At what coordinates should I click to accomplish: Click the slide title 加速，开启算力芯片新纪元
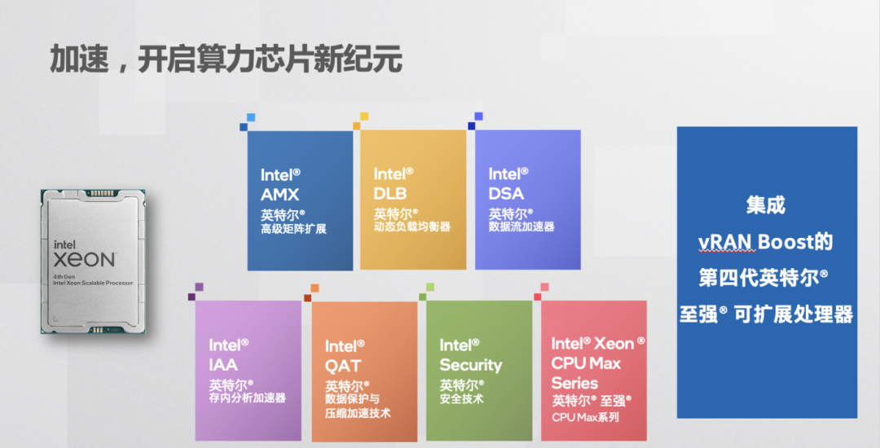[x=227, y=59]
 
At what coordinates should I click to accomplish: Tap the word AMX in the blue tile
[x=280, y=195]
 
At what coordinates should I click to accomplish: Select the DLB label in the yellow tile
[x=390, y=193]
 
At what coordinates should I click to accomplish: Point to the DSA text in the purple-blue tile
[x=506, y=193]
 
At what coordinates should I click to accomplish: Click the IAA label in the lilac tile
[x=223, y=364]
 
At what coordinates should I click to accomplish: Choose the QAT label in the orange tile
[x=343, y=366]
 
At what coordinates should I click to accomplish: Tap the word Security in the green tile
[x=471, y=365]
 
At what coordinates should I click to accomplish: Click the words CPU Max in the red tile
[x=586, y=363]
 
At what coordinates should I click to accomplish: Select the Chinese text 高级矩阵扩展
[x=293, y=229]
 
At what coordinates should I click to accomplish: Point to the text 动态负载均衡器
[x=412, y=227]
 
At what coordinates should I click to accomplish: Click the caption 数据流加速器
[x=521, y=226]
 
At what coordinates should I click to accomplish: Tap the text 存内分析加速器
[x=248, y=398]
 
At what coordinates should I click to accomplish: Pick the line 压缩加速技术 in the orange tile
[x=358, y=413]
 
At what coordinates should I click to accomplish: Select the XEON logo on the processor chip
[x=85, y=260]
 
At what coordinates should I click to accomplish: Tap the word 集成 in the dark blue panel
[x=766, y=205]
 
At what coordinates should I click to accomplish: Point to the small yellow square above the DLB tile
[x=363, y=116]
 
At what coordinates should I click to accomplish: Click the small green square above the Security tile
[x=430, y=288]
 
